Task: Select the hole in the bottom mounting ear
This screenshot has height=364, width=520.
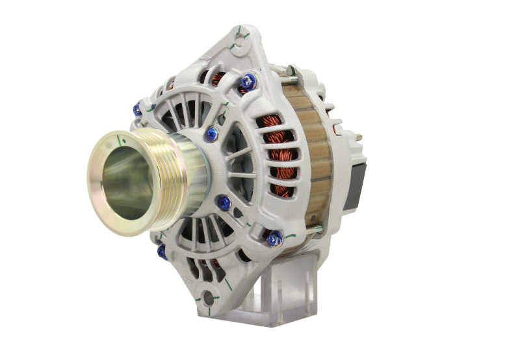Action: tap(208, 298)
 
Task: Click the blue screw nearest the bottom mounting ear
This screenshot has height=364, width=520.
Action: tap(162, 250)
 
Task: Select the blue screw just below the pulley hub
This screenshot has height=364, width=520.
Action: tap(224, 203)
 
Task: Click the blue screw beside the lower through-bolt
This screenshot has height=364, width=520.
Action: tap(272, 240)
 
